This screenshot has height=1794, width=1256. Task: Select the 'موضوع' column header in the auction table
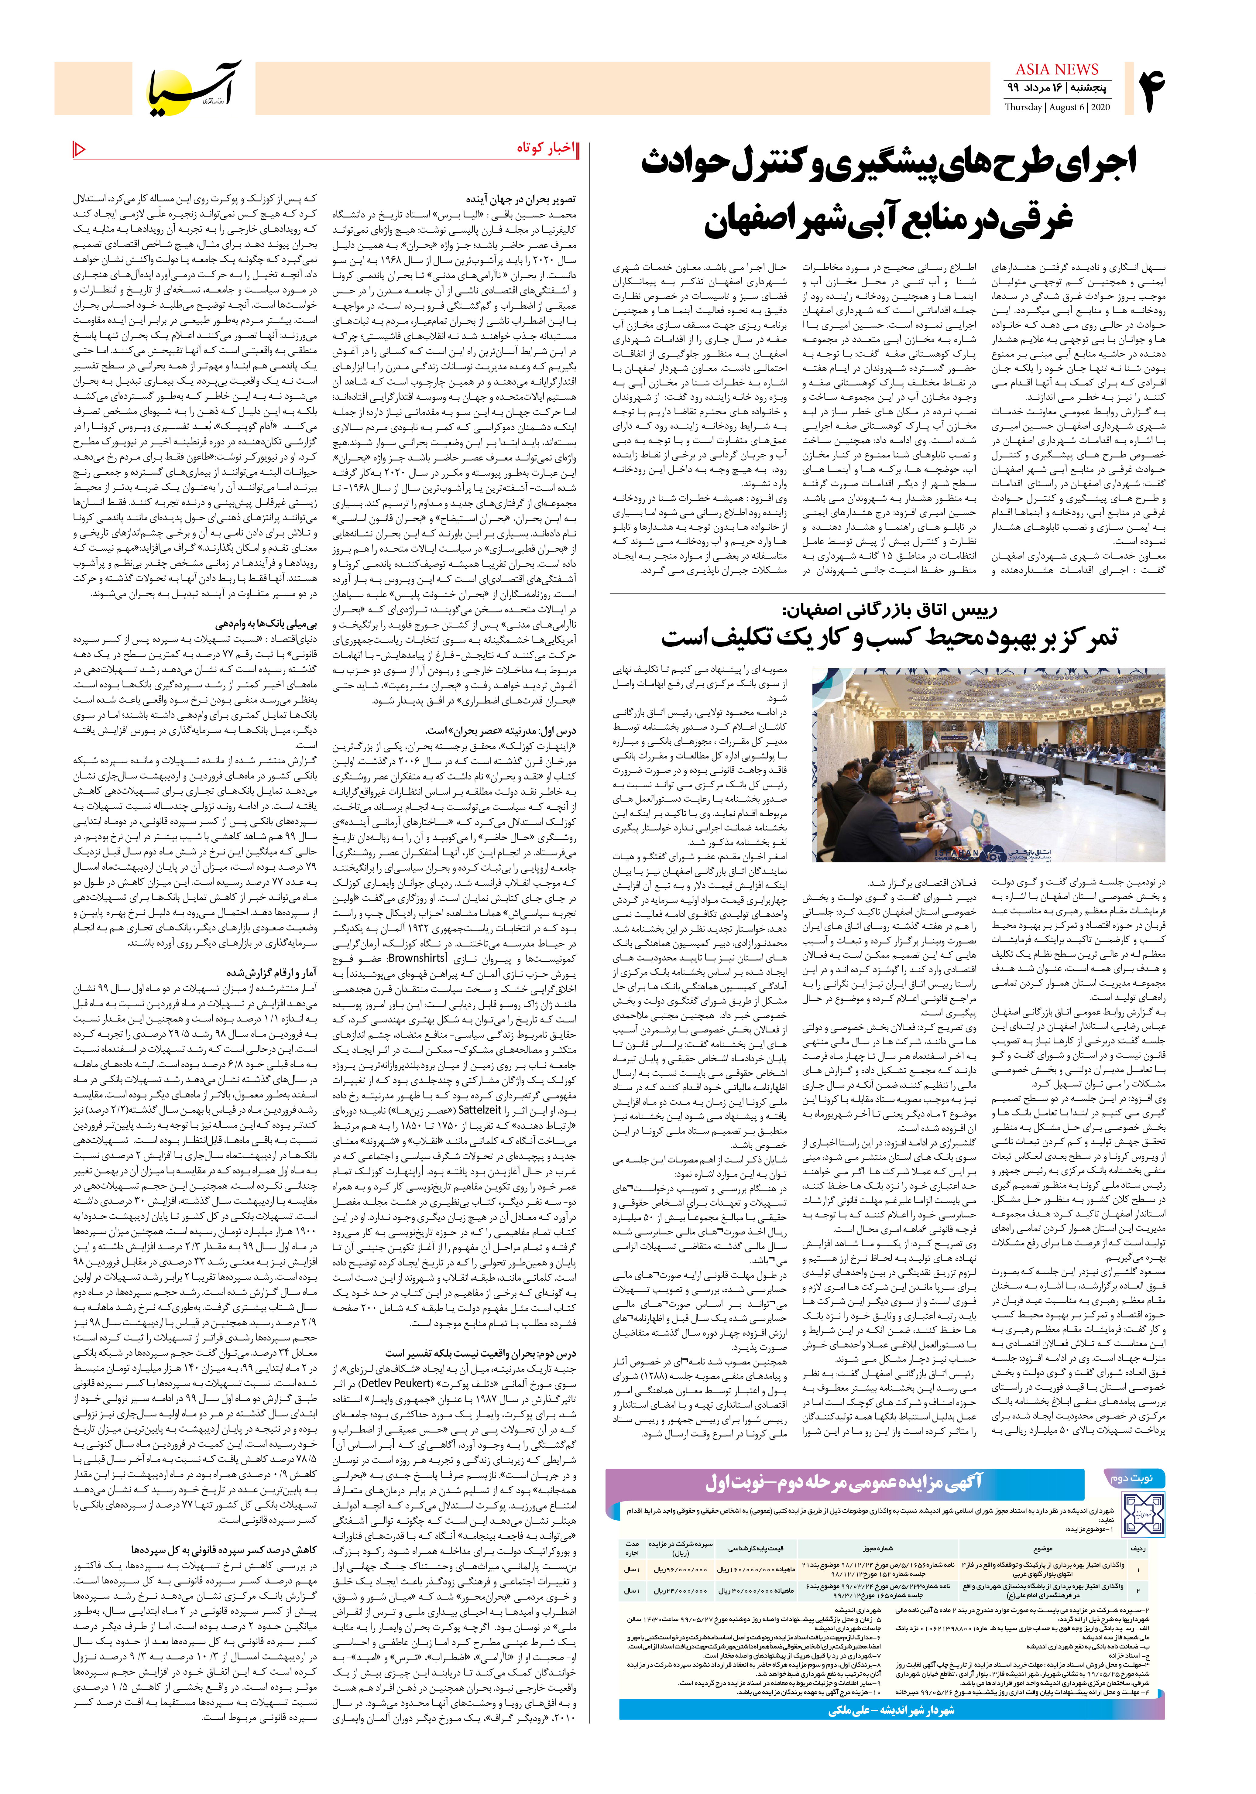coord(1043,1547)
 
